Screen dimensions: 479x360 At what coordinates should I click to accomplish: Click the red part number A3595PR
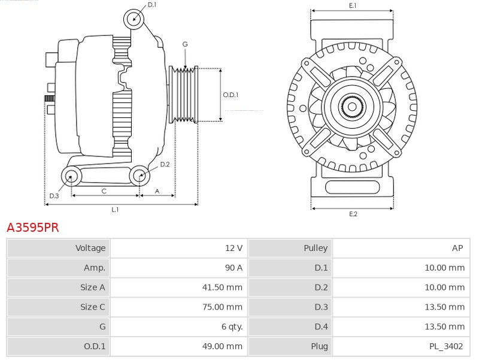point(33,228)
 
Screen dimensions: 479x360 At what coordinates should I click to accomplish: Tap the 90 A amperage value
point(234,268)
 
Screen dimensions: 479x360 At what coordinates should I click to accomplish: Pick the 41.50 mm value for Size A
point(222,288)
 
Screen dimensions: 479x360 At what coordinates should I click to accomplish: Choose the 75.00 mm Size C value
point(222,307)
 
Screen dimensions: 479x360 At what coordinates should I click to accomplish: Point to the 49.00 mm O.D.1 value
point(222,346)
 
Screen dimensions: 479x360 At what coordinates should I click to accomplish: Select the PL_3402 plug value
point(446,346)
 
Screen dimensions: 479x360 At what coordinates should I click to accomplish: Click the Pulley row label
point(316,248)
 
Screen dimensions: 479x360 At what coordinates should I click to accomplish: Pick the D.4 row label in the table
point(321,326)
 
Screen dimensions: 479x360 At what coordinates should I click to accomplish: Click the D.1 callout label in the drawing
point(152,5)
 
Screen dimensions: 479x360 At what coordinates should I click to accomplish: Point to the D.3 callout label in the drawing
point(54,196)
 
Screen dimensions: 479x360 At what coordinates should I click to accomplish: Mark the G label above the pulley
point(185,44)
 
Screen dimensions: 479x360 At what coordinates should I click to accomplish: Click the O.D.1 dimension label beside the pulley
point(231,95)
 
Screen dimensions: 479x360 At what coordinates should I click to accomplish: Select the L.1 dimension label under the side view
point(115,210)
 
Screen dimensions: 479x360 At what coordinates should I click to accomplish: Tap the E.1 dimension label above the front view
point(353,5)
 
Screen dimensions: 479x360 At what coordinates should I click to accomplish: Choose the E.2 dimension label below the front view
point(353,214)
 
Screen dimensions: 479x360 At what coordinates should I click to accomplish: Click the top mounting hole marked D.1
point(134,19)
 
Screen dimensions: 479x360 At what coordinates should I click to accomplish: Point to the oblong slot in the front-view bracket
point(352,187)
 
